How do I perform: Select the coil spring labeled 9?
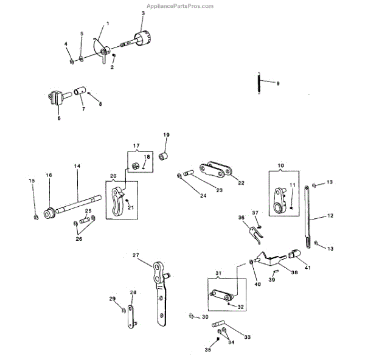pos(259,83)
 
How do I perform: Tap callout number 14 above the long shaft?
pos(77,167)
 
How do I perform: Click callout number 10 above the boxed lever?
pos(281,165)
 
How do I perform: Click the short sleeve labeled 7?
pos(78,93)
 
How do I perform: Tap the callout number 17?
pos(136,146)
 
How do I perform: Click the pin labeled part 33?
pos(218,325)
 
